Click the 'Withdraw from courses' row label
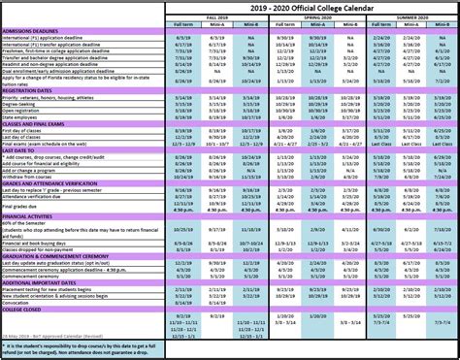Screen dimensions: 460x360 click(34, 175)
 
